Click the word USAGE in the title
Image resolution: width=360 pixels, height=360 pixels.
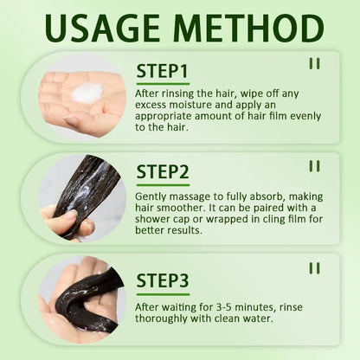(x=102, y=28)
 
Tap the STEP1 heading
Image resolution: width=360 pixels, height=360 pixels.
(x=163, y=71)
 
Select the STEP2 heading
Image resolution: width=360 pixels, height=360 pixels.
(x=163, y=171)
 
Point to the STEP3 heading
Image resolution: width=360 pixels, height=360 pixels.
(x=163, y=280)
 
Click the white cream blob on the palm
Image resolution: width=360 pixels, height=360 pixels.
(x=87, y=93)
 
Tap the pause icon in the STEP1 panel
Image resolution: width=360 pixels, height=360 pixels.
(x=314, y=63)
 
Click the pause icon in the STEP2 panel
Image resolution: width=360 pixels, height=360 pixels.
(x=314, y=166)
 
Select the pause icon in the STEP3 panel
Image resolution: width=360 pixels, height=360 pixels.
(x=314, y=268)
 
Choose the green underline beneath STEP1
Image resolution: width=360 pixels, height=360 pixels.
(x=163, y=84)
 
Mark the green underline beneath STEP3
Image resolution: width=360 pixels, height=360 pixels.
(x=163, y=294)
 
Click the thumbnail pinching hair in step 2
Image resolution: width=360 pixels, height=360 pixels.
(x=82, y=198)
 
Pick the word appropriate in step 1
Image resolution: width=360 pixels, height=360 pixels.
(x=163, y=117)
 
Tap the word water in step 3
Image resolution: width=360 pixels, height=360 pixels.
(x=258, y=318)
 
